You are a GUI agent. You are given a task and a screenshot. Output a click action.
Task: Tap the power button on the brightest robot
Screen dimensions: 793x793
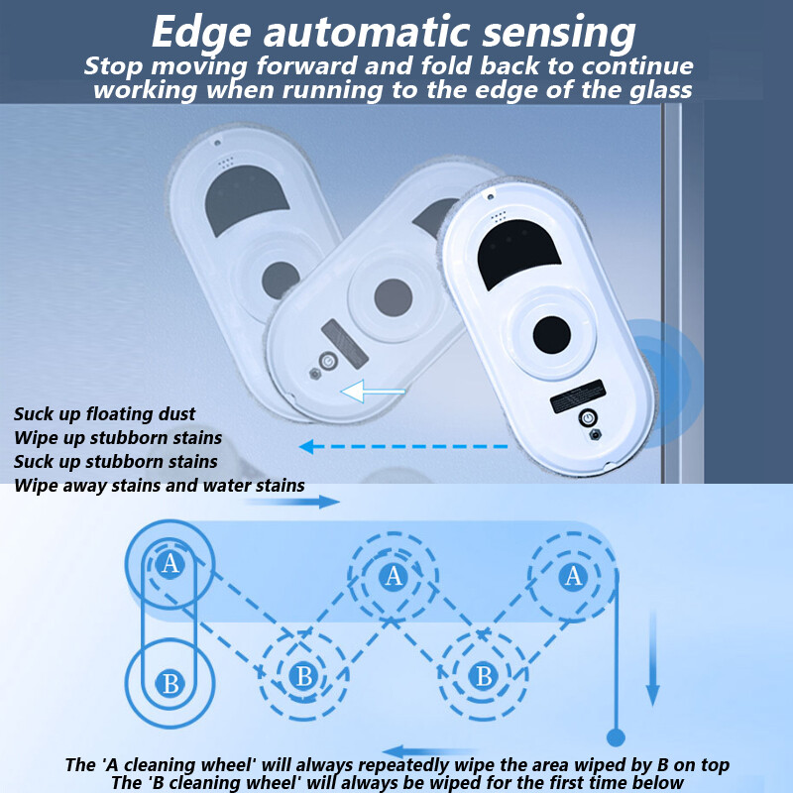click(590, 418)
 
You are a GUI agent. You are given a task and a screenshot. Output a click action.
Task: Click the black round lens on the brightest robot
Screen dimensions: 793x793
click(553, 334)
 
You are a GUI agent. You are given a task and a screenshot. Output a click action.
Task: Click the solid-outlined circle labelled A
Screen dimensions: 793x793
click(170, 564)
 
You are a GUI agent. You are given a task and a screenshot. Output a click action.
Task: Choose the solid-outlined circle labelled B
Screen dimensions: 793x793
click(170, 683)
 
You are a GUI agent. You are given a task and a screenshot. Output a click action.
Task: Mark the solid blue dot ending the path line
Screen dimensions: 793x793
click(615, 737)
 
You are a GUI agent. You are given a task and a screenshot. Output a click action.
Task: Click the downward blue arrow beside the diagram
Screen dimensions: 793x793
click(652, 658)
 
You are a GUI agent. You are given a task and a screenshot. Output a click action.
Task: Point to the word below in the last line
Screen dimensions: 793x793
click(658, 783)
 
